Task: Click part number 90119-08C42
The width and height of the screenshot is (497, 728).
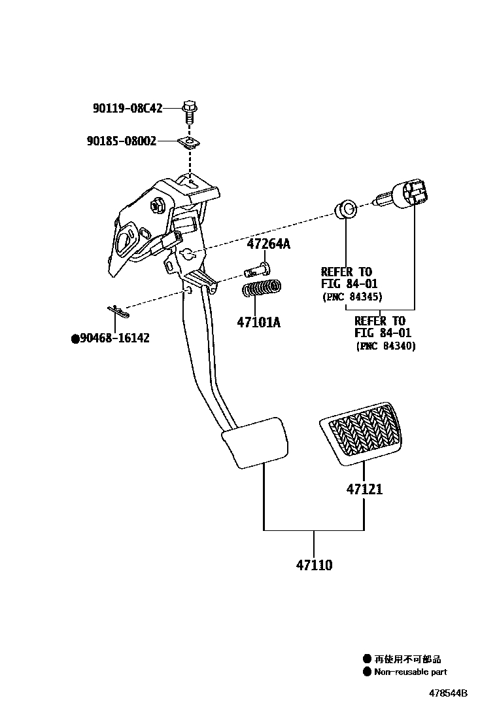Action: pyautogui.click(x=127, y=109)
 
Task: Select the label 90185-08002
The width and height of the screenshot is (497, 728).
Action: pyautogui.click(x=121, y=140)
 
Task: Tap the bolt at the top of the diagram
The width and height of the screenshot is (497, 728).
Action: pyautogui.click(x=190, y=113)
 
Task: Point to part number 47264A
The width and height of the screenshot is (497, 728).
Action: pyautogui.click(x=268, y=245)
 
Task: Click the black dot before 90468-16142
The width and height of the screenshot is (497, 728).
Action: pyautogui.click(x=75, y=338)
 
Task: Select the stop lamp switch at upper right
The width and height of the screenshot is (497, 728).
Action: pyautogui.click(x=407, y=195)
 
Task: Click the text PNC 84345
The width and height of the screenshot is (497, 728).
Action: pyautogui.click(x=352, y=297)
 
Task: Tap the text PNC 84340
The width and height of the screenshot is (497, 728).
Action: pyautogui.click(x=386, y=346)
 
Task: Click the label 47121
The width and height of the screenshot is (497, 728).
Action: pyautogui.click(x=364, y=489)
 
